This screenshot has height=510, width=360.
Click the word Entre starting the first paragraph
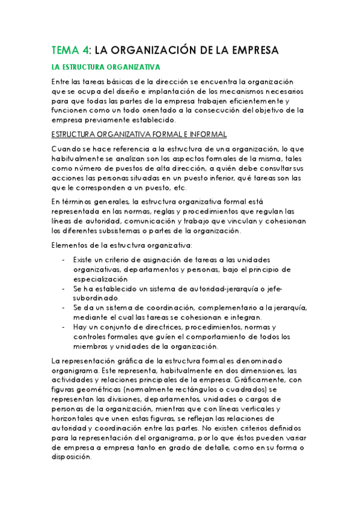click(x=61, y=82)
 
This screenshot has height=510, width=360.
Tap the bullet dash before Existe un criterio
click(x=64, y=260)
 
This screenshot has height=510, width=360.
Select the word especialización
click(x=99, y=278)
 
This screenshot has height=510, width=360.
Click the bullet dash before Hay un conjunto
click(x=64, y=327)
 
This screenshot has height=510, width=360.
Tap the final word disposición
click(x=72, y=456)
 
